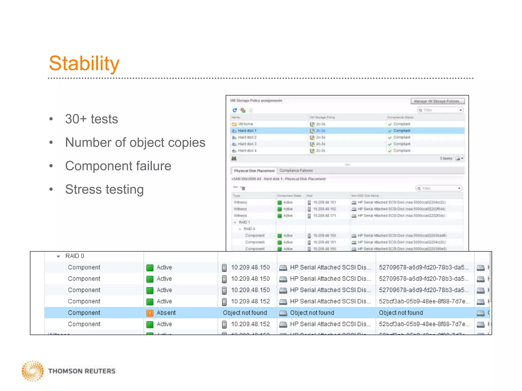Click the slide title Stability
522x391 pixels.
84,63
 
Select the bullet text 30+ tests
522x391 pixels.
92,119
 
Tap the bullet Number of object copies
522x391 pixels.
135,142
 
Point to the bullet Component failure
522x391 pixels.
118,166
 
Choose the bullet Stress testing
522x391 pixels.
104,189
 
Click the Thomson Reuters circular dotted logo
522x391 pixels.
33,371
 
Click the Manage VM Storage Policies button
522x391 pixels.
437,101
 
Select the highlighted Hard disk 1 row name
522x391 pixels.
247,131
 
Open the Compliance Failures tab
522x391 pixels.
296,171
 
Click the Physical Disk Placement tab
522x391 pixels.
254,171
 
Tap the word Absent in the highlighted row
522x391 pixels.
166,313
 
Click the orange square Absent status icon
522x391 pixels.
150,313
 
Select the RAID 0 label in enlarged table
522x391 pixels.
74,256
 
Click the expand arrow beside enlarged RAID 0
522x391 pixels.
58,257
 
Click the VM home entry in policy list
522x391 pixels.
245,124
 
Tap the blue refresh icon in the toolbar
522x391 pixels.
235,110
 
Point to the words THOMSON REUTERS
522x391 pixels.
82,371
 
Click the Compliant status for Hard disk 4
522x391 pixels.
402,151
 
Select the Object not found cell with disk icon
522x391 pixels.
312,313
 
